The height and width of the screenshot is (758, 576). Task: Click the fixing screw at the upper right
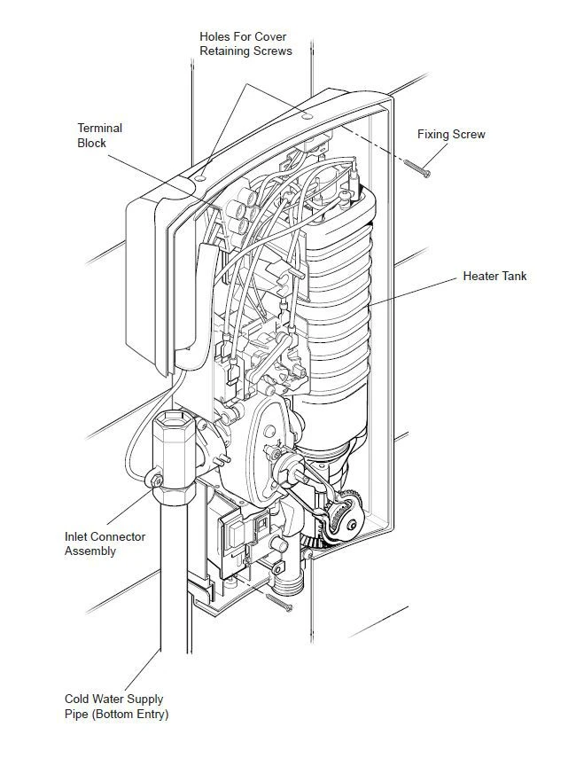click(416, 166)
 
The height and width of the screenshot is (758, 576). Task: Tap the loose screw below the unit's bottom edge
click(281, 602)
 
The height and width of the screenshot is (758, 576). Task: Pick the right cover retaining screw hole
click(306, 115)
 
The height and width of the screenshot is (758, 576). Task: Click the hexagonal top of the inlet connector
click(173, 426)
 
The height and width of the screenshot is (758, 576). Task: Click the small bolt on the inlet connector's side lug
click(156, 481)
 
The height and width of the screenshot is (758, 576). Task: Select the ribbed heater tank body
click(337, 301)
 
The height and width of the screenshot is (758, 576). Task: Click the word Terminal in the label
click(100, 129)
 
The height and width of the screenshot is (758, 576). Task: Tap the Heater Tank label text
click(494, 277)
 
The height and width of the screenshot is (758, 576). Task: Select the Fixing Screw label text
click(451, 135)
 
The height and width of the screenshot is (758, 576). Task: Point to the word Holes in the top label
click(215, 36)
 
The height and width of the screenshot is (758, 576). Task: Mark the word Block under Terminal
click(92, 143)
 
